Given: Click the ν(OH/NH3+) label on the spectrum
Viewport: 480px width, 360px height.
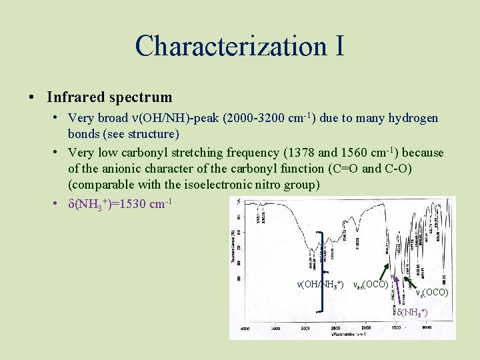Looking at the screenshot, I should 321,285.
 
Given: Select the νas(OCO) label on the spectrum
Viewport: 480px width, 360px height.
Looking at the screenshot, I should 371,285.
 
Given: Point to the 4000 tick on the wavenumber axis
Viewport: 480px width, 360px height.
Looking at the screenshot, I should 245,329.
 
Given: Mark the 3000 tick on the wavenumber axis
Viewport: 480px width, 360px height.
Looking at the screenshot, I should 306,329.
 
